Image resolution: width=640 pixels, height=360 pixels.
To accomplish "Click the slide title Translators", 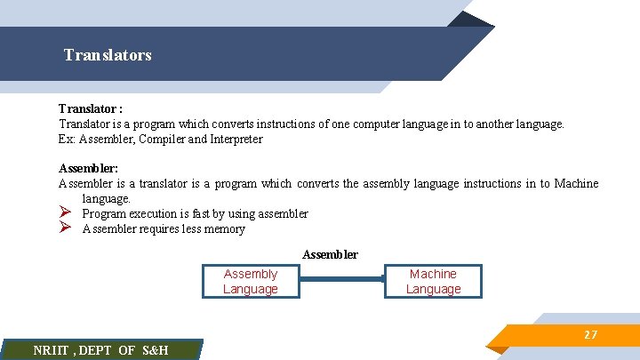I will (108, 55).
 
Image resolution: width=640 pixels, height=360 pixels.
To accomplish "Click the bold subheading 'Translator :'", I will (91, 109).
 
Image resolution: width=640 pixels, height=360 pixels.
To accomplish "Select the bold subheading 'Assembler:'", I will (88, 168).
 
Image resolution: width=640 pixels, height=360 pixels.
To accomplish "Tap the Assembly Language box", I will (251, 282).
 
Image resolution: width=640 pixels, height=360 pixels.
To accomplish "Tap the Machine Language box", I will (433, 282).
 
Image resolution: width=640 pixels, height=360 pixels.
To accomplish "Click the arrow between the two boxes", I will (342, 279).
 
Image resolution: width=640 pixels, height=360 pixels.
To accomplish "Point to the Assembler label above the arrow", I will (330, 255).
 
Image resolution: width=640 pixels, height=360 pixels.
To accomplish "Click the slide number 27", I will (590, 335).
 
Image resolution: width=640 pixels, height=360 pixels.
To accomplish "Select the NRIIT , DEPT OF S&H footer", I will (100, 350).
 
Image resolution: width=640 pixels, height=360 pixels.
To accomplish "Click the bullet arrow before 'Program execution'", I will (65, 213).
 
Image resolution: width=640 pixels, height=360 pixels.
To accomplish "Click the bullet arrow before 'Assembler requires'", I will (65, 228).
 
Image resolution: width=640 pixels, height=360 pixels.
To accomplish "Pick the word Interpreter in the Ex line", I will (236, 140).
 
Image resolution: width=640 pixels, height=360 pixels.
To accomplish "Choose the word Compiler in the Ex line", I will (162, 140).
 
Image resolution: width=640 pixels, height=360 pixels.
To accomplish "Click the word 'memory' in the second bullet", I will (224, 228).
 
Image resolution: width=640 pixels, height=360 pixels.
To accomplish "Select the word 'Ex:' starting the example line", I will (68, 140).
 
